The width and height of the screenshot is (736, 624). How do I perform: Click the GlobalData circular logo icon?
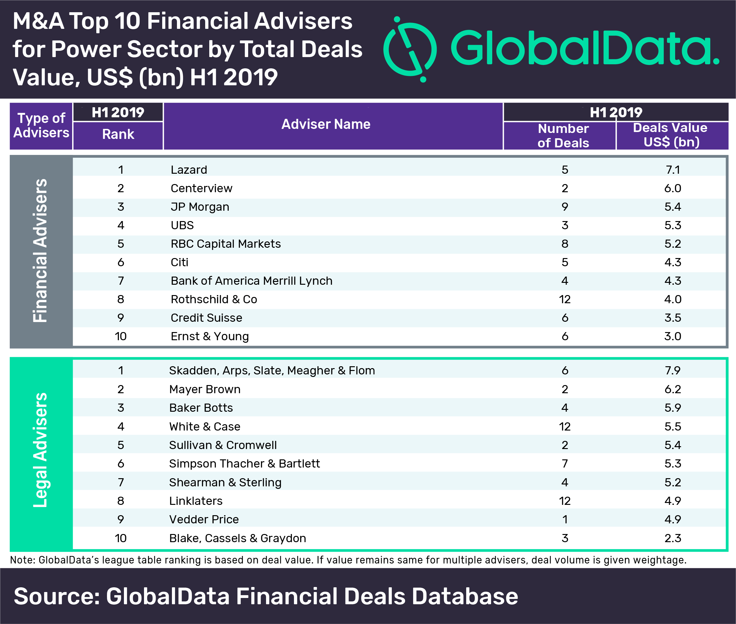410,49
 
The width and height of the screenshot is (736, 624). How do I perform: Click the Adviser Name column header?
326,124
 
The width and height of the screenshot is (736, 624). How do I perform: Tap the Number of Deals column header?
563,135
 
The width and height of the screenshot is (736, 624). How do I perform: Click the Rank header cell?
118,134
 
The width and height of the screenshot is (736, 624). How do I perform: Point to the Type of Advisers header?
41,125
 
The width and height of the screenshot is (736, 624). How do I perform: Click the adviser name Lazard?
189,170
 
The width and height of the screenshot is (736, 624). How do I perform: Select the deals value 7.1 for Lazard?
673,170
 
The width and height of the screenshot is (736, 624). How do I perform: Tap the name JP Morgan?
200,207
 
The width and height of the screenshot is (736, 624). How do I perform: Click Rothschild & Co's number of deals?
565,299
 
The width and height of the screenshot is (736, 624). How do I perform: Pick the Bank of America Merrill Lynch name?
252,281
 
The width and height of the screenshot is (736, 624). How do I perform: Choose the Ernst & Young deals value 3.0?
673,336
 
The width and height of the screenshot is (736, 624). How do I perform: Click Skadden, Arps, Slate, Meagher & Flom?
272,370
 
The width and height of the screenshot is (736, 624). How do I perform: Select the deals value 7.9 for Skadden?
673,370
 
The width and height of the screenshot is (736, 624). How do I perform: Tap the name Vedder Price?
204,519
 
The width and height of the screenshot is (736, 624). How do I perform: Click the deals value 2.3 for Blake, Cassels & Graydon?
673,538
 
